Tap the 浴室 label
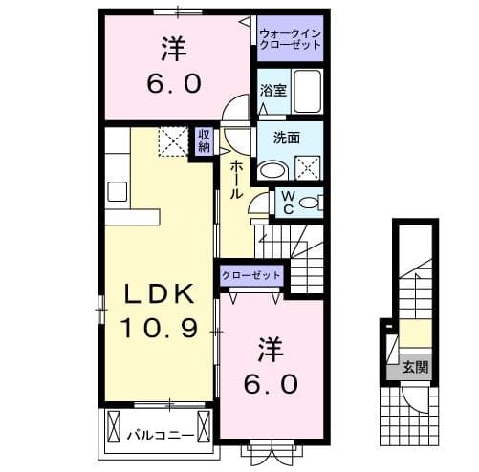272,92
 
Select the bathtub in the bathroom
306,93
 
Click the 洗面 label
288,138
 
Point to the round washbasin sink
273,169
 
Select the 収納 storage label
205,140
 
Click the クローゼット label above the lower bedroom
251,275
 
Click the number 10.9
158,330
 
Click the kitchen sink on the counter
118,190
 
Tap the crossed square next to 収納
174,142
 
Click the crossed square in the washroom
308,169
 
